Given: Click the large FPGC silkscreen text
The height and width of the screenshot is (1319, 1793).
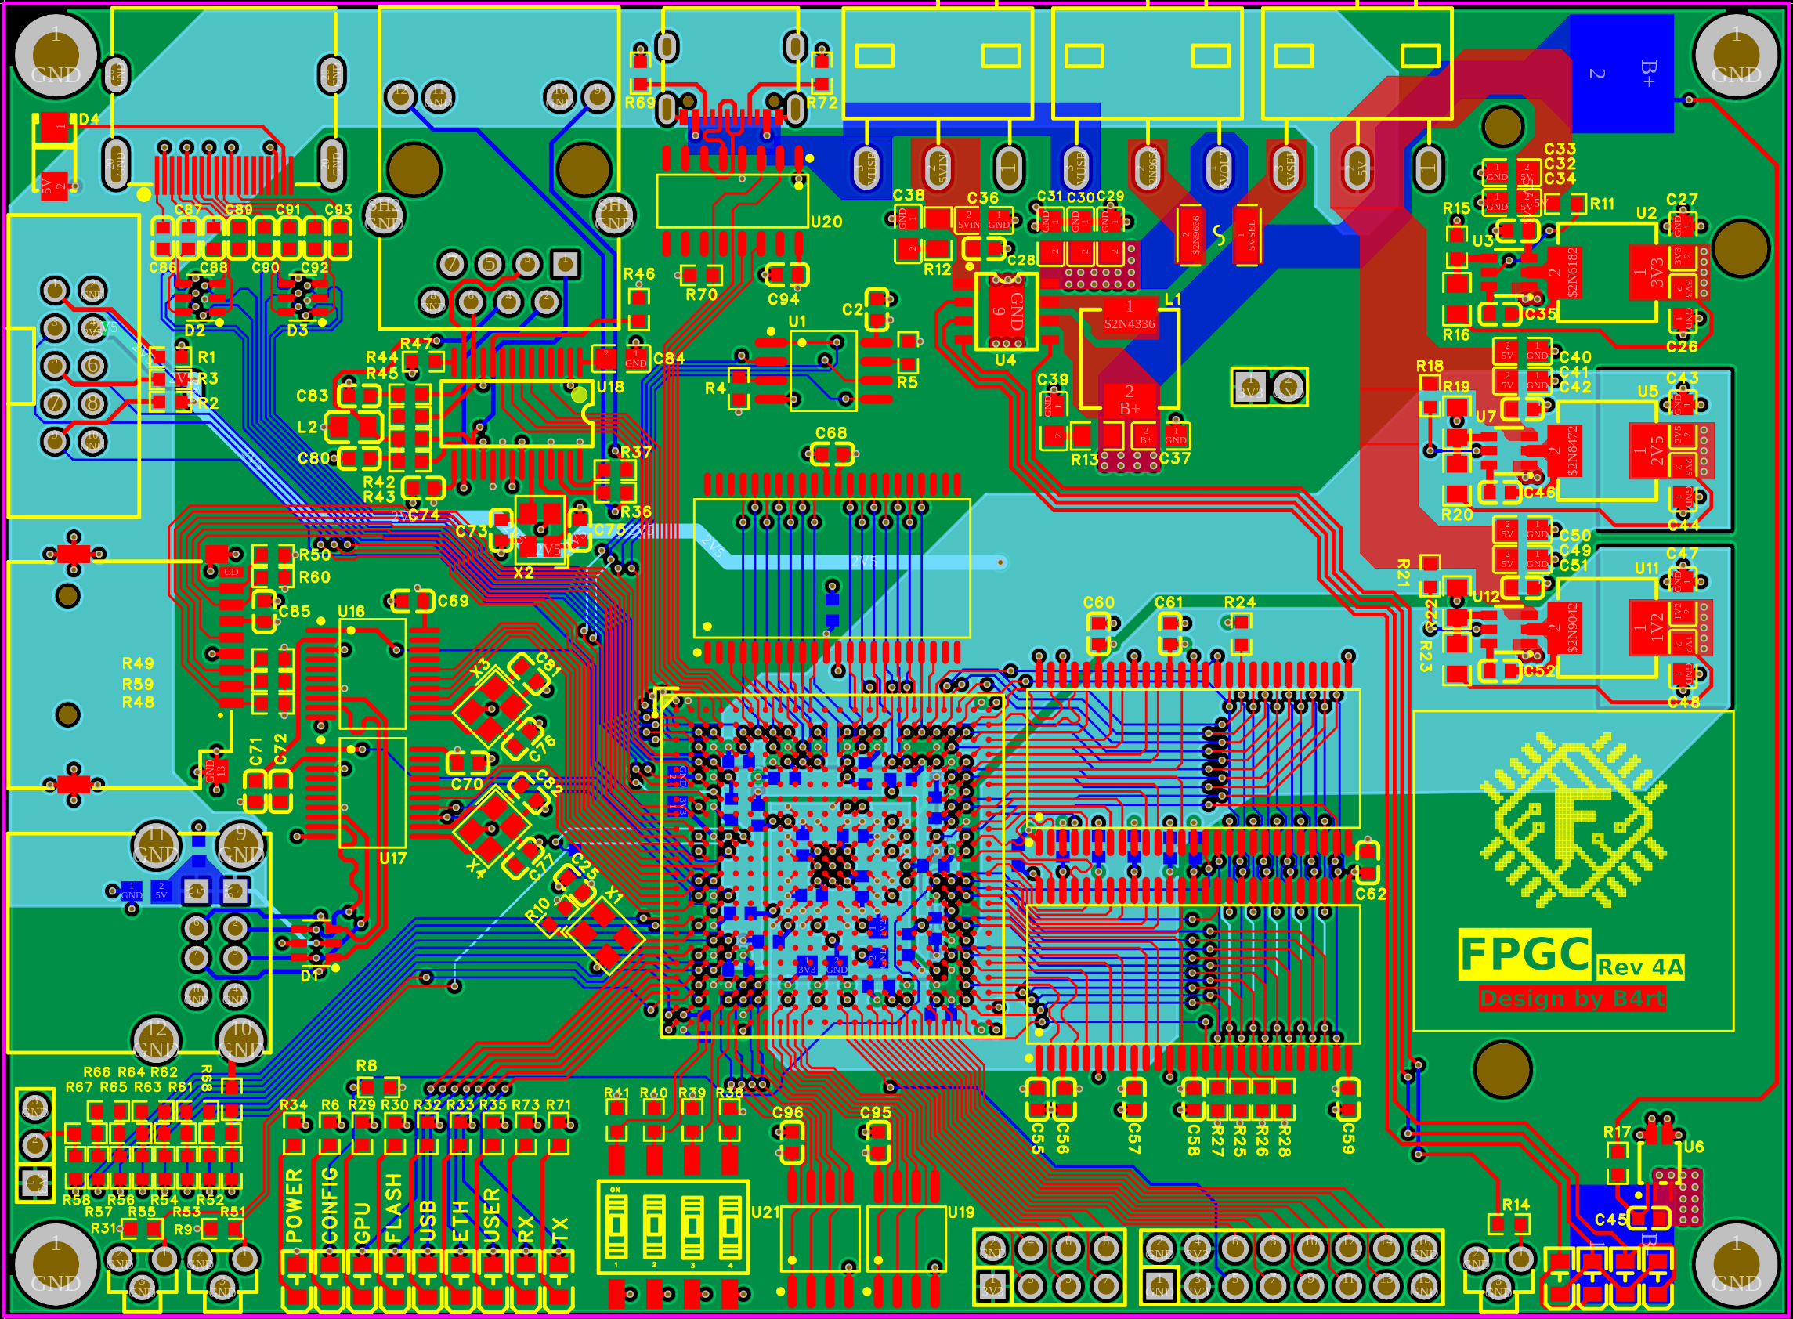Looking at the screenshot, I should pos(1524,953).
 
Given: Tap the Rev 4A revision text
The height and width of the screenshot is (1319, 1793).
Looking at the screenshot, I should pos(1639,967).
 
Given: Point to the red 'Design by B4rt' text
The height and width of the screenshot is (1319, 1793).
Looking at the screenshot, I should pos(1571,999).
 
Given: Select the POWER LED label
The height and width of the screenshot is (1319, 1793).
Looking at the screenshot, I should pos(294,1205).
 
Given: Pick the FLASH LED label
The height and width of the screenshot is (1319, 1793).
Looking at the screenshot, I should pos(393,1209).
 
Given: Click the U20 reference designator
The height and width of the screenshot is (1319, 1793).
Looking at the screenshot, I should pos(826,222).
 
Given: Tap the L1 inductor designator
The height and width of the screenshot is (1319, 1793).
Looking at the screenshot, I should pos(1172,299).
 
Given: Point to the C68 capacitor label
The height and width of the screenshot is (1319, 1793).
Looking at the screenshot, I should pos(830,432).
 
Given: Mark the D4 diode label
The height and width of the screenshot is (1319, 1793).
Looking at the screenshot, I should pos(89,119).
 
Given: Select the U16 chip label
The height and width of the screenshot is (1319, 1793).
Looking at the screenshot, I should pos(351,612).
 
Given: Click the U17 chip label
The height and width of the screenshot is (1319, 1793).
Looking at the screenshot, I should pos(392,858).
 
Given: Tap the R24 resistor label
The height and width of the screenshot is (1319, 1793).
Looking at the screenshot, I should pos(1239,603).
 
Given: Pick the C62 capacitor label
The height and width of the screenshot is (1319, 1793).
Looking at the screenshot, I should pos(1370,894).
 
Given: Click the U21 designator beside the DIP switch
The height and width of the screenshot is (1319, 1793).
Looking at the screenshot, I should pos(765,1212).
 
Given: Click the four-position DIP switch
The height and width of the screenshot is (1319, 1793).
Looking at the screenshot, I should pos(672,1227).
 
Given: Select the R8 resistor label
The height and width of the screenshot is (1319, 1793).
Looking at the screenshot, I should pos(366,1066).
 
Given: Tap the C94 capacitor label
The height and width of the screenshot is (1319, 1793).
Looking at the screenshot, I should pos(783,299).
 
